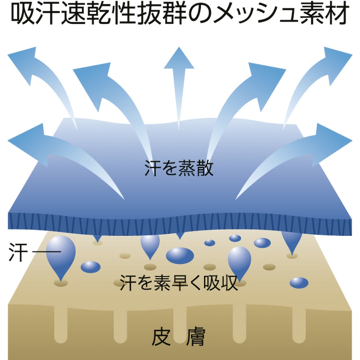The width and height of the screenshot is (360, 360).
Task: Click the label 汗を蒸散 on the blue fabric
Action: tap(179, 168)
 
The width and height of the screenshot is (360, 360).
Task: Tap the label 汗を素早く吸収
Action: tap(179, 283)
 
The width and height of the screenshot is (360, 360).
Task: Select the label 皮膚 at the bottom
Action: tap(178, 337)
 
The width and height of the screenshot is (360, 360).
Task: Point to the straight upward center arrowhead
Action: tap(179, 58)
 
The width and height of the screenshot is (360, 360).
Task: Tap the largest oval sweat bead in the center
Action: tap(180, 256)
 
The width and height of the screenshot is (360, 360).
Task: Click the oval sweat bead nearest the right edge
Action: tap(299, 283)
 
